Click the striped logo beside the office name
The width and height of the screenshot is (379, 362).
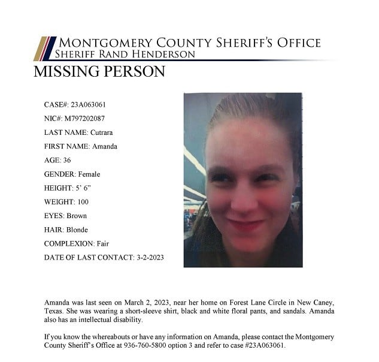point(44,49)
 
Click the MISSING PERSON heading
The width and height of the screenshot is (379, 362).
point(99,72)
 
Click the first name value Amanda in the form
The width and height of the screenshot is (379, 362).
point(104,146)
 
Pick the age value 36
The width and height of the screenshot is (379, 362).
point(66,160)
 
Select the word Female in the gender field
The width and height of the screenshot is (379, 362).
point(89,174)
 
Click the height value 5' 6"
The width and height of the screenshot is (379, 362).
point(83,188)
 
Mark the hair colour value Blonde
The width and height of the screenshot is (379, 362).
point(77,230)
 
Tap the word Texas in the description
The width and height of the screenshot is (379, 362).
point(54,311)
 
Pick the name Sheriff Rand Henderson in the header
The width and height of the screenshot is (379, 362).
point(125,55)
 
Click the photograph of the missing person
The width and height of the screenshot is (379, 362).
point(242,180)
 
